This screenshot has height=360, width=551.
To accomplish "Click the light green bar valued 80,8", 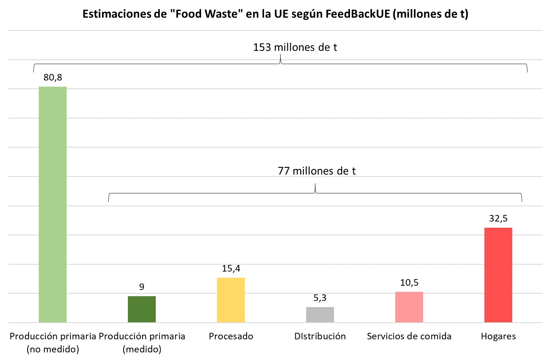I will click(53, 204).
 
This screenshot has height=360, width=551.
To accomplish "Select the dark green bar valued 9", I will click(142, 309).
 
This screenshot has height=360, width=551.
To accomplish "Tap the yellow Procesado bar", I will click(231, 300).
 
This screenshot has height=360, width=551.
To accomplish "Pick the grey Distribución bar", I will click(320, 315).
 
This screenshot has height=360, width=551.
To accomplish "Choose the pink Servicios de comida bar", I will click(409, 307).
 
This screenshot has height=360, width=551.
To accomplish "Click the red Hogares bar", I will click(498, 275).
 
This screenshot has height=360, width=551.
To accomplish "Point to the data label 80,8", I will click(53, 77).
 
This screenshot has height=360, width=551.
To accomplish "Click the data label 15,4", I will click(231, 269).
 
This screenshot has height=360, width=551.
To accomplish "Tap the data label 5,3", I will click(320, 298).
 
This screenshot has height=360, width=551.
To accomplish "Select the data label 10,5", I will click(409, 283).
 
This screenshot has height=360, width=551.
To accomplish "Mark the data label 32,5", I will click(498, 219).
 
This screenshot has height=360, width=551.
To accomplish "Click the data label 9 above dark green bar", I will click(142, 287).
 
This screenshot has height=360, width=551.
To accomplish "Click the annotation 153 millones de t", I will click(295, 47).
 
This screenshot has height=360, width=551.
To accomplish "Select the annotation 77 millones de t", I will click(317, 171).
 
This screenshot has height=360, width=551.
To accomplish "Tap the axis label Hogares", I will click(498, 336).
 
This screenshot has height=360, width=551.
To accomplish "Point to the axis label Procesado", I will click(231, 336).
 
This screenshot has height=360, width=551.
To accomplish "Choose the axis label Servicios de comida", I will click(409, 336).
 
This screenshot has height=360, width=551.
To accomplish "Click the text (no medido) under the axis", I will click(53, 349).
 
